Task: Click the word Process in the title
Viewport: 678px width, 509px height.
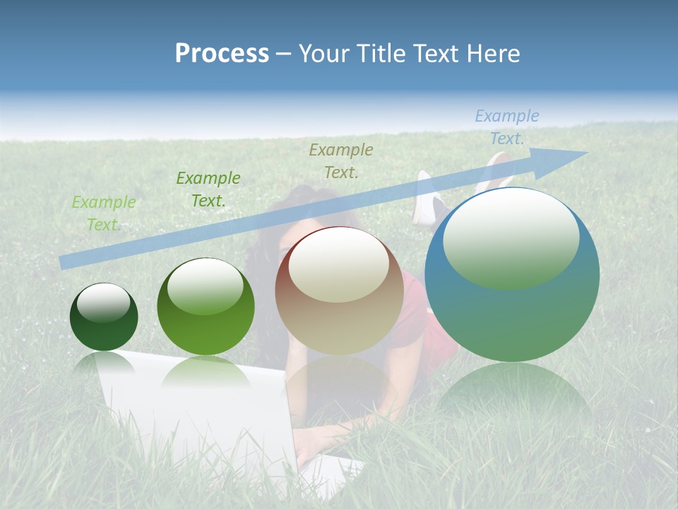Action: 222,54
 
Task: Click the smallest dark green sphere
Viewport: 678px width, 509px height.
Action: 104,317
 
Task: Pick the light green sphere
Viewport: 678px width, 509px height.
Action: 206,307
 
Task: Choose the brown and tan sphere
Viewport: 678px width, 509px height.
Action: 339,291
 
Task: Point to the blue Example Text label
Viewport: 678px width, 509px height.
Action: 506,127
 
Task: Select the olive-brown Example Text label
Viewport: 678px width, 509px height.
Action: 341,160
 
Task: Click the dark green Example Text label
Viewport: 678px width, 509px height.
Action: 208,189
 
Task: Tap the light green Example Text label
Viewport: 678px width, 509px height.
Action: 104,213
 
